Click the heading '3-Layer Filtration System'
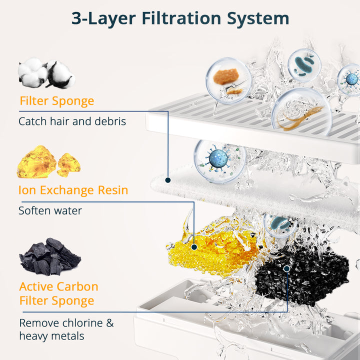(180, 19)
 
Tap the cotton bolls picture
(46, 73)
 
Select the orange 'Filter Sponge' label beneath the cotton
(57, 101)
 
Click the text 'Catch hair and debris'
(72, 121)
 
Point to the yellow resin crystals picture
(48, 161)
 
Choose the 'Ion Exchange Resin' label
(73, 190)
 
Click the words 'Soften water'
(50, 210)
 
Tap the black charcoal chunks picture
(50, 256)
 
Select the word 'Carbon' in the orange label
(77, 286)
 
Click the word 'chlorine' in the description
(82, 323)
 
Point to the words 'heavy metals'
(51, 336)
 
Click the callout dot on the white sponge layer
(168, 180)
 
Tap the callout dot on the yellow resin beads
(194, 247)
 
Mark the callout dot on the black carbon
(287, 268)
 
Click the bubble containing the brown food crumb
(228, 80)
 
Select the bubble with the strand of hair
(301, 112)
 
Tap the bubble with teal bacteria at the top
(304, 65)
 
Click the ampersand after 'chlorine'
(109, 323)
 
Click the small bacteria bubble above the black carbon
(280, 225)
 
